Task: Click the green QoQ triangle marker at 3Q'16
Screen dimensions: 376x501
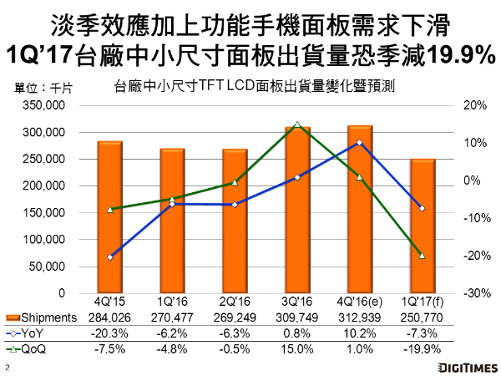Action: (x=297, y=125)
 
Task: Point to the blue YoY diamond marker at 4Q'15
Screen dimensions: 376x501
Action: (x=110, y=257)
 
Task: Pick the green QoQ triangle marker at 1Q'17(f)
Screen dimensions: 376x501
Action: (x=423, y=255)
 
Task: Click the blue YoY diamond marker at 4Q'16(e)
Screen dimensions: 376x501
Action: (x=360, y=143)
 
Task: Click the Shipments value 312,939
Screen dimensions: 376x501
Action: (x=360, y=318)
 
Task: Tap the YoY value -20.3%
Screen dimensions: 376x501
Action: (x=110, y=332)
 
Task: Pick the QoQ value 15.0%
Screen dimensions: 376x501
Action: (x=297, y=346)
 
